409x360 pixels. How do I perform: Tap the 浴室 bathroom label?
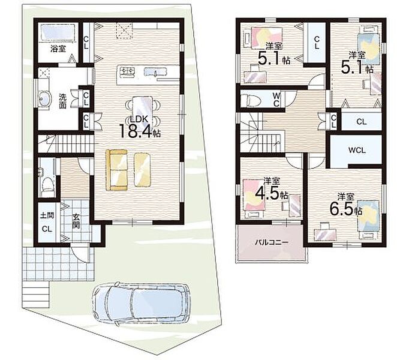(x=58, y=49)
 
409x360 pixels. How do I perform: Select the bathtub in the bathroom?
(x=58, y=32)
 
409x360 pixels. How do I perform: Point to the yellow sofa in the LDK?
(x=116, y=170)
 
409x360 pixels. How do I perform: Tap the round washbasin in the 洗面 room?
(x=44, y=98)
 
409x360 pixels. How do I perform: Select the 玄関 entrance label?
(x=76, y=221)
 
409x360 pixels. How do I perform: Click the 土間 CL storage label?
(x=47, y=222)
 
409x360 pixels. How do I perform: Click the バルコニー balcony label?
(x=272, y=242)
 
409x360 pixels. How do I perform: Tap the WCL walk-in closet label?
(x=357, y=151)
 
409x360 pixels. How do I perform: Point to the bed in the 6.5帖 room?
(x=368, y=217)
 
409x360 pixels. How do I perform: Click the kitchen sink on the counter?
(x=155, y=71)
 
